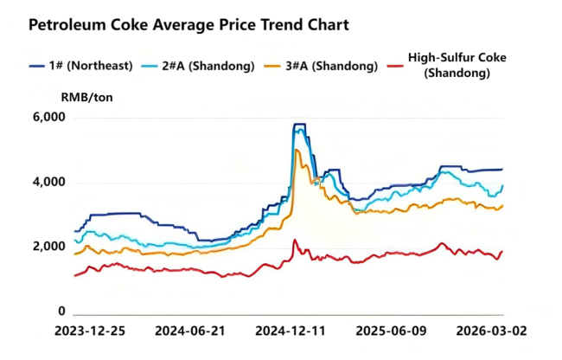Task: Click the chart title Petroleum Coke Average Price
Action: click(x=188, y=25)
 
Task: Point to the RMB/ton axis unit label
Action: click(x=86, y=97)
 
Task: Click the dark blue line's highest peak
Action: click(x=299, y=125)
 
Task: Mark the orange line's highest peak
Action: click(x=297, y=151)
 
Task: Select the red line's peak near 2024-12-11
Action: click(x=294, y=241)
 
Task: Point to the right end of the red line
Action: click(x=502, y=252)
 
